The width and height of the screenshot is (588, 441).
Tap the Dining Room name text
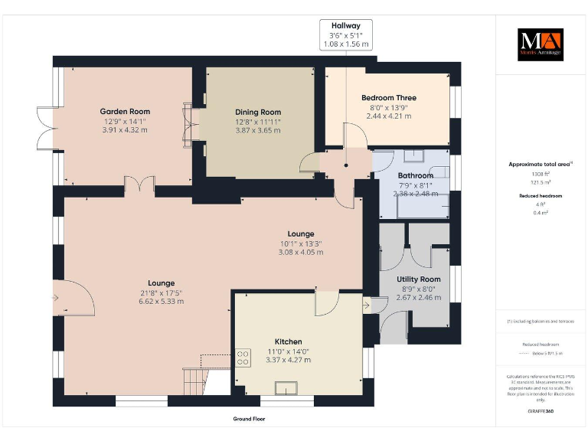coord(258,112)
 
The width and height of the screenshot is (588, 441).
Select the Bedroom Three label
coord(388,98)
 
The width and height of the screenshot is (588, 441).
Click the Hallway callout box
coord(345,35)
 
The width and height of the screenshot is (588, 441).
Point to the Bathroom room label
coord(415,175)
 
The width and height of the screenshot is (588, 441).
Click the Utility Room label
coord(419,279)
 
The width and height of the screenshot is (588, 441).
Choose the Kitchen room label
coord(289,341)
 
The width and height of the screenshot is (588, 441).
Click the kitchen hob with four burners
coord(243,358)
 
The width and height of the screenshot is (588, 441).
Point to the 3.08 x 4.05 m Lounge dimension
coord(301,252)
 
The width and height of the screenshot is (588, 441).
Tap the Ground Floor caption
coord(249,420)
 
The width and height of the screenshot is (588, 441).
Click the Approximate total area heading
coord(539,164)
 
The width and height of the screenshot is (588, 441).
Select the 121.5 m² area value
coord(541,183)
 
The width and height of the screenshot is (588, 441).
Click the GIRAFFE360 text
coord(540,411)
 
